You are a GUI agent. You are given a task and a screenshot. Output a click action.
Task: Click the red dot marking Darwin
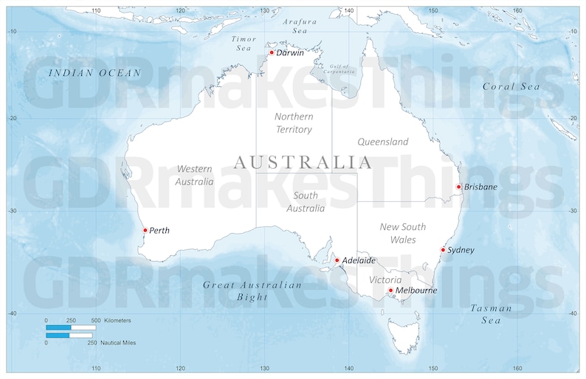point(272,52)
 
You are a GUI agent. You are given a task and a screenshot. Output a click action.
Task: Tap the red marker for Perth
point(145,230)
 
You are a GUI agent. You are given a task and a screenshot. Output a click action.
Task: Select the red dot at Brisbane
point(458,187)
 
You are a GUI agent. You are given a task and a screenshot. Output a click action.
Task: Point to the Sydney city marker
point(443,250)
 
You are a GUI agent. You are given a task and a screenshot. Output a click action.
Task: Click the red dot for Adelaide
point(337,260)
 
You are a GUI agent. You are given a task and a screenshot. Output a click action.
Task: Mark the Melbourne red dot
point(390,291)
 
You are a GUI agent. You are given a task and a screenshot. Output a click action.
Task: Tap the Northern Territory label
point(293,123)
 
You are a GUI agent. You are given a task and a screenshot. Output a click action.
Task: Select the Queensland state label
point(382,142)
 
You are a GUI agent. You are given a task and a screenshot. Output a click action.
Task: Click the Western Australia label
point(194,175)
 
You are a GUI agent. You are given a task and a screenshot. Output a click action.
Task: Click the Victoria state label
point(385,280)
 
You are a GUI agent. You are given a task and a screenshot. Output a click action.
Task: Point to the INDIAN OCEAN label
point(94,72)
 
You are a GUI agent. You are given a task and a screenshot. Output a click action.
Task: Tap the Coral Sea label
point(511,86)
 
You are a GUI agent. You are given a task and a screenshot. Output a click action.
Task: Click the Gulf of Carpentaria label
point(337,69)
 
